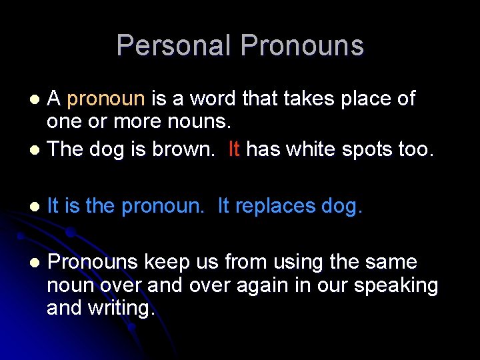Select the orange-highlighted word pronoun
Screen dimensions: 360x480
[106, 99]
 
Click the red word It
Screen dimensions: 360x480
[233, 149]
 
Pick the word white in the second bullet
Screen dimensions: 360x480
[306, 149]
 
